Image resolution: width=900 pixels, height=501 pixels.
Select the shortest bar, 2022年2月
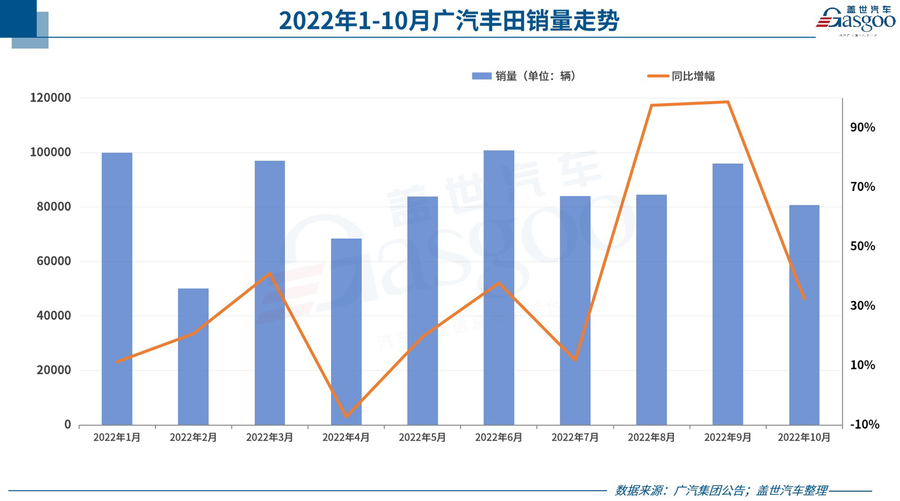tap(193, 357)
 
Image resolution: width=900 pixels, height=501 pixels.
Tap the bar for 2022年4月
tap(346, 331)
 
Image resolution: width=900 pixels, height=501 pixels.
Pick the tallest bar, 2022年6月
tap(499, 287)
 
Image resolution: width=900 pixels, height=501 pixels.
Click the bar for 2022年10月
tap(804, 315)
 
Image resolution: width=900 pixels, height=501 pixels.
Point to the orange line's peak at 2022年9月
tap(728, 102)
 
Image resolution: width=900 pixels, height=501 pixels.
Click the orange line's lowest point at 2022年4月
tap(346, 417)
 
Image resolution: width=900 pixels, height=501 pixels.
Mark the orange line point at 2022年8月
tap(651, 105)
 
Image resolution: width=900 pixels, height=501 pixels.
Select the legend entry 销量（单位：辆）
tap(524, 76)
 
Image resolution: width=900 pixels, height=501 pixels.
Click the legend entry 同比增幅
tap(682, 76)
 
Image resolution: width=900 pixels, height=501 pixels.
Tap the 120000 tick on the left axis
tap(50, 98)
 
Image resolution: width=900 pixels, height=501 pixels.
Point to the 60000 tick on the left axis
tap(54, 261)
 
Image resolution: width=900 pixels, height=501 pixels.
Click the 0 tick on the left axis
tap(67, 424)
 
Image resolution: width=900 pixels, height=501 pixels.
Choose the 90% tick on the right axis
tap(863, 127)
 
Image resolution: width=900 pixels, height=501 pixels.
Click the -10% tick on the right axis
tap(864, 424)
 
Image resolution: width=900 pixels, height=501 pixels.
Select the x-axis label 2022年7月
tap(575, 437)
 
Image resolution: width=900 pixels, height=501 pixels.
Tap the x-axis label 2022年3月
tap(269, 437)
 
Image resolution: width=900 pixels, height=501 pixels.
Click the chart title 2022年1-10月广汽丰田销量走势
tap(449, 21)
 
